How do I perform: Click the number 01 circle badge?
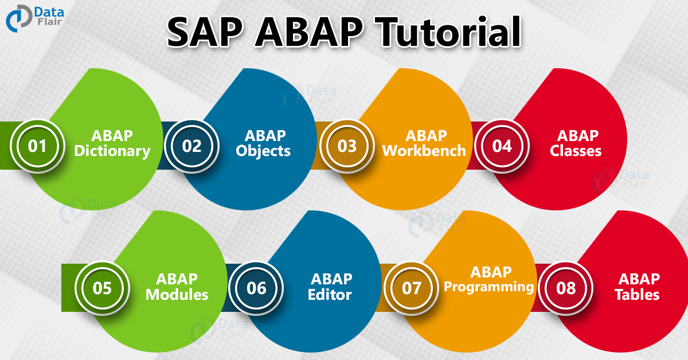pos(37,146)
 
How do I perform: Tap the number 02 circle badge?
pos(192,146)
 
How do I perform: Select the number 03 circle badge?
pos(347,146)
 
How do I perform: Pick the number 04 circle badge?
pos(502,146)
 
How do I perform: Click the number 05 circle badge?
pos(102,287)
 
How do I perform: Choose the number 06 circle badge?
pos(256,287)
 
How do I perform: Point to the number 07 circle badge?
pos(411,287)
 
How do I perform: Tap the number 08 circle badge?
pos(566,287)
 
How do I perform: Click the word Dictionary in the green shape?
pos(112,151)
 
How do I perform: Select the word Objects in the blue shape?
pos(265,151)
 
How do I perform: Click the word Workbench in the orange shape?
pos(424,151)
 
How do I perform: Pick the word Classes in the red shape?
pos(576,151)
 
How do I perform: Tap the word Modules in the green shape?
pos(177,295)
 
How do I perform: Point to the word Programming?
pos(489,286)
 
